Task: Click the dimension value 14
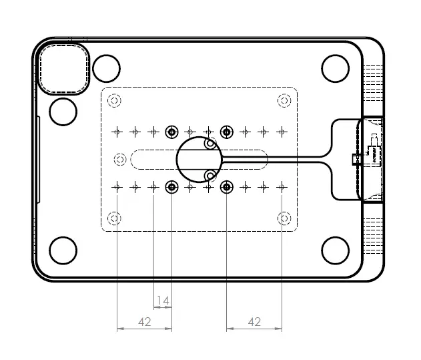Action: point(163,300)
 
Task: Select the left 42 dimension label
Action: point(144,322)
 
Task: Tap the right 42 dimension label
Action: point(254,322)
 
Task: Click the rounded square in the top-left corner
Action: point(63,67)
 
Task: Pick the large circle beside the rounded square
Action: point(106,68)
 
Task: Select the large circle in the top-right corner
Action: point(336,68)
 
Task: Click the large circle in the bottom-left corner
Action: point(63,250)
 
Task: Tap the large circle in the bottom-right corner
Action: point(336,250)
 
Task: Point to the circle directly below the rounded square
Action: point(63,112)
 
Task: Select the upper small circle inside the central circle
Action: point(210,143)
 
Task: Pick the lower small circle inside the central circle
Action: point(210,176)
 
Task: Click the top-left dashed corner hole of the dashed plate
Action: point(115,101)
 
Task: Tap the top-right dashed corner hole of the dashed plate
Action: point(284,101)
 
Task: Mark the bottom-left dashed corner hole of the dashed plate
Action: point(115,218)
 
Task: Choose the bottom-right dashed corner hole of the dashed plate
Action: point(284,218)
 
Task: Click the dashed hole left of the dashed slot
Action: point(120,159)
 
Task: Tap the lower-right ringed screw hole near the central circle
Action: point(227,186)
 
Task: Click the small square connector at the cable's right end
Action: point(356,160)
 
